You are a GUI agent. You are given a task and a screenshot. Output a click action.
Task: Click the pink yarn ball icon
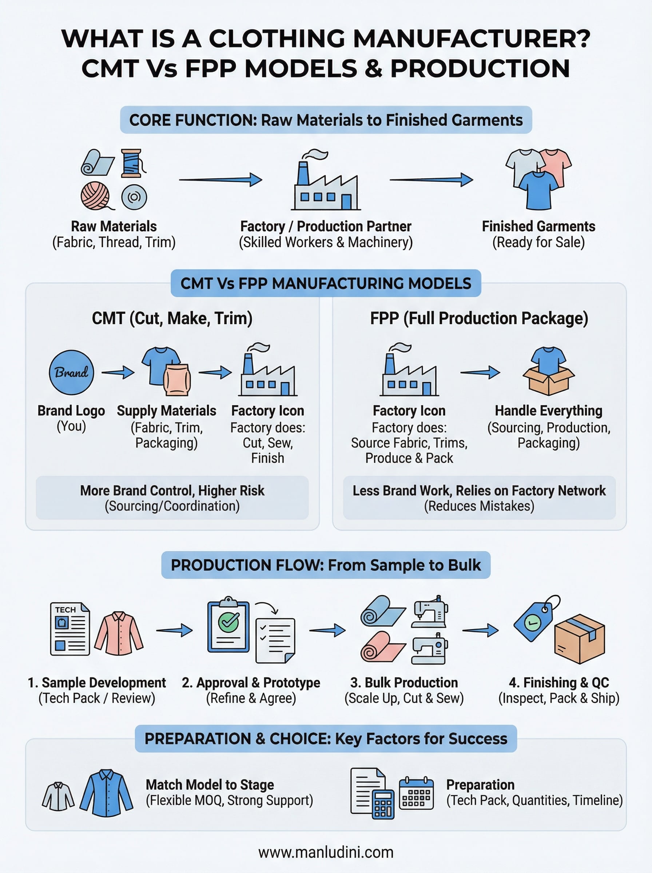point(95,196)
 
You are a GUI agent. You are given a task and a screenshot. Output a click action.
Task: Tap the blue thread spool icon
point(131,163)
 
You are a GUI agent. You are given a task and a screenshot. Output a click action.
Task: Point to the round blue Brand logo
point(71,372)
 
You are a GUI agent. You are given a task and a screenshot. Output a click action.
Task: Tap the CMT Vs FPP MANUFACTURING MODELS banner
point(326,283)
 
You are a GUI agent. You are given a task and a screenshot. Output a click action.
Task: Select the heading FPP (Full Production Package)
point(479,318)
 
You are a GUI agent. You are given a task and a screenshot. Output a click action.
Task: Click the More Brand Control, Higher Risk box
point(172,498)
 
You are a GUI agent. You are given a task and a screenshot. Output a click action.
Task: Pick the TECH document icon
point(70,629)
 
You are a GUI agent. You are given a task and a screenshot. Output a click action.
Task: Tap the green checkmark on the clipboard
point(229,622)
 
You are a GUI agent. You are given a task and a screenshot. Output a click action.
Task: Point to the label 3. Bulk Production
point(404,682)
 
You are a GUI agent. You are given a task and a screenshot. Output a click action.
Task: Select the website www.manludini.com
point(326,852)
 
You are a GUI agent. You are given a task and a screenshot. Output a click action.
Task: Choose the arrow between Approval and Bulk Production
point(327,630)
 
